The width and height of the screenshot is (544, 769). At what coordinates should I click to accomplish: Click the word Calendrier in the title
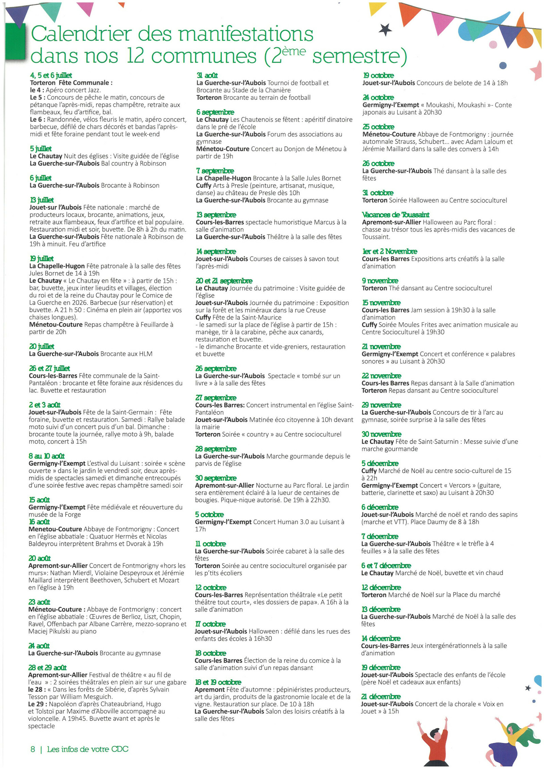(81, 34)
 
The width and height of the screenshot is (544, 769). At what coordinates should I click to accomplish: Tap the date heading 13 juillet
(41, 200)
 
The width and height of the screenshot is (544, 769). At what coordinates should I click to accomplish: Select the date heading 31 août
(207, 75)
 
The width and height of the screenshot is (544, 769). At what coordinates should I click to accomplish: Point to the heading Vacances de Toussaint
(395, 215)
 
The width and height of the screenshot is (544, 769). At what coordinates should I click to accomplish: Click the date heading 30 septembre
(216, 478)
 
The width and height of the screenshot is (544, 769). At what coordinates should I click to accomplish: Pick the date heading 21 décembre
(381, 697)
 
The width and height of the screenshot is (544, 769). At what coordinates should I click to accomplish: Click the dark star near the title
(385, 30)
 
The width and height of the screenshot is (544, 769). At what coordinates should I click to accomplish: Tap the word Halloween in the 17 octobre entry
(265, 631)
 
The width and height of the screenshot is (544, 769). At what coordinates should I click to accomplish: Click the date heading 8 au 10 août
(47, 456)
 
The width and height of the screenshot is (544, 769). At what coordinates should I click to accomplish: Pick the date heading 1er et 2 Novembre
(390, 251)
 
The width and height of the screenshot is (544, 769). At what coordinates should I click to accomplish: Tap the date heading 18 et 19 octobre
(218, 682)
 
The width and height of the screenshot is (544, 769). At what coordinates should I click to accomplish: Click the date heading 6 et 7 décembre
(386, 565)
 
